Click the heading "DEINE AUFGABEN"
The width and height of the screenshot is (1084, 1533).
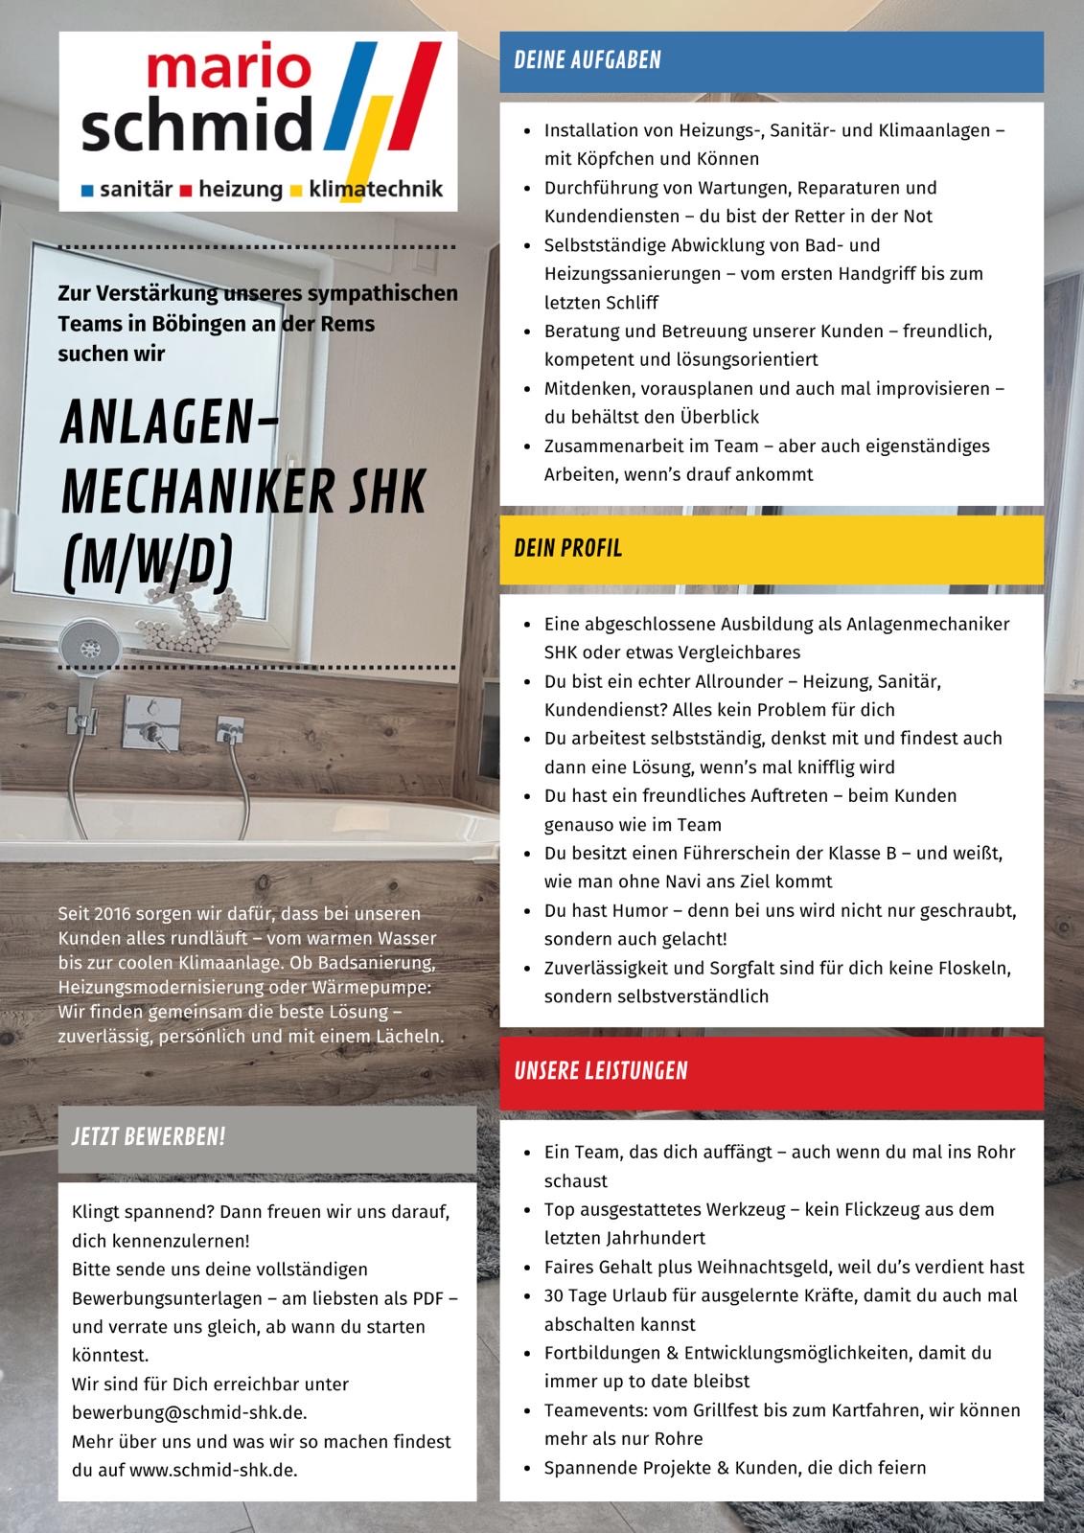(587, 60)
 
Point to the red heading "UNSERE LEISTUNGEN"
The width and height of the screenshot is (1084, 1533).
(600, 1071)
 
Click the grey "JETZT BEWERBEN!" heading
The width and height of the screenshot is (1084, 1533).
(149, 1137)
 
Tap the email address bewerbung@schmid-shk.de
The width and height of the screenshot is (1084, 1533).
(189, 1412)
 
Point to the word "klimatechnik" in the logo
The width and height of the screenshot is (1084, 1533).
(376, 190)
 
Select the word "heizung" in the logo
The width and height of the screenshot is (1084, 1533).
(241, 190)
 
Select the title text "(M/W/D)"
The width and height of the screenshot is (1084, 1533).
(147, 561)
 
